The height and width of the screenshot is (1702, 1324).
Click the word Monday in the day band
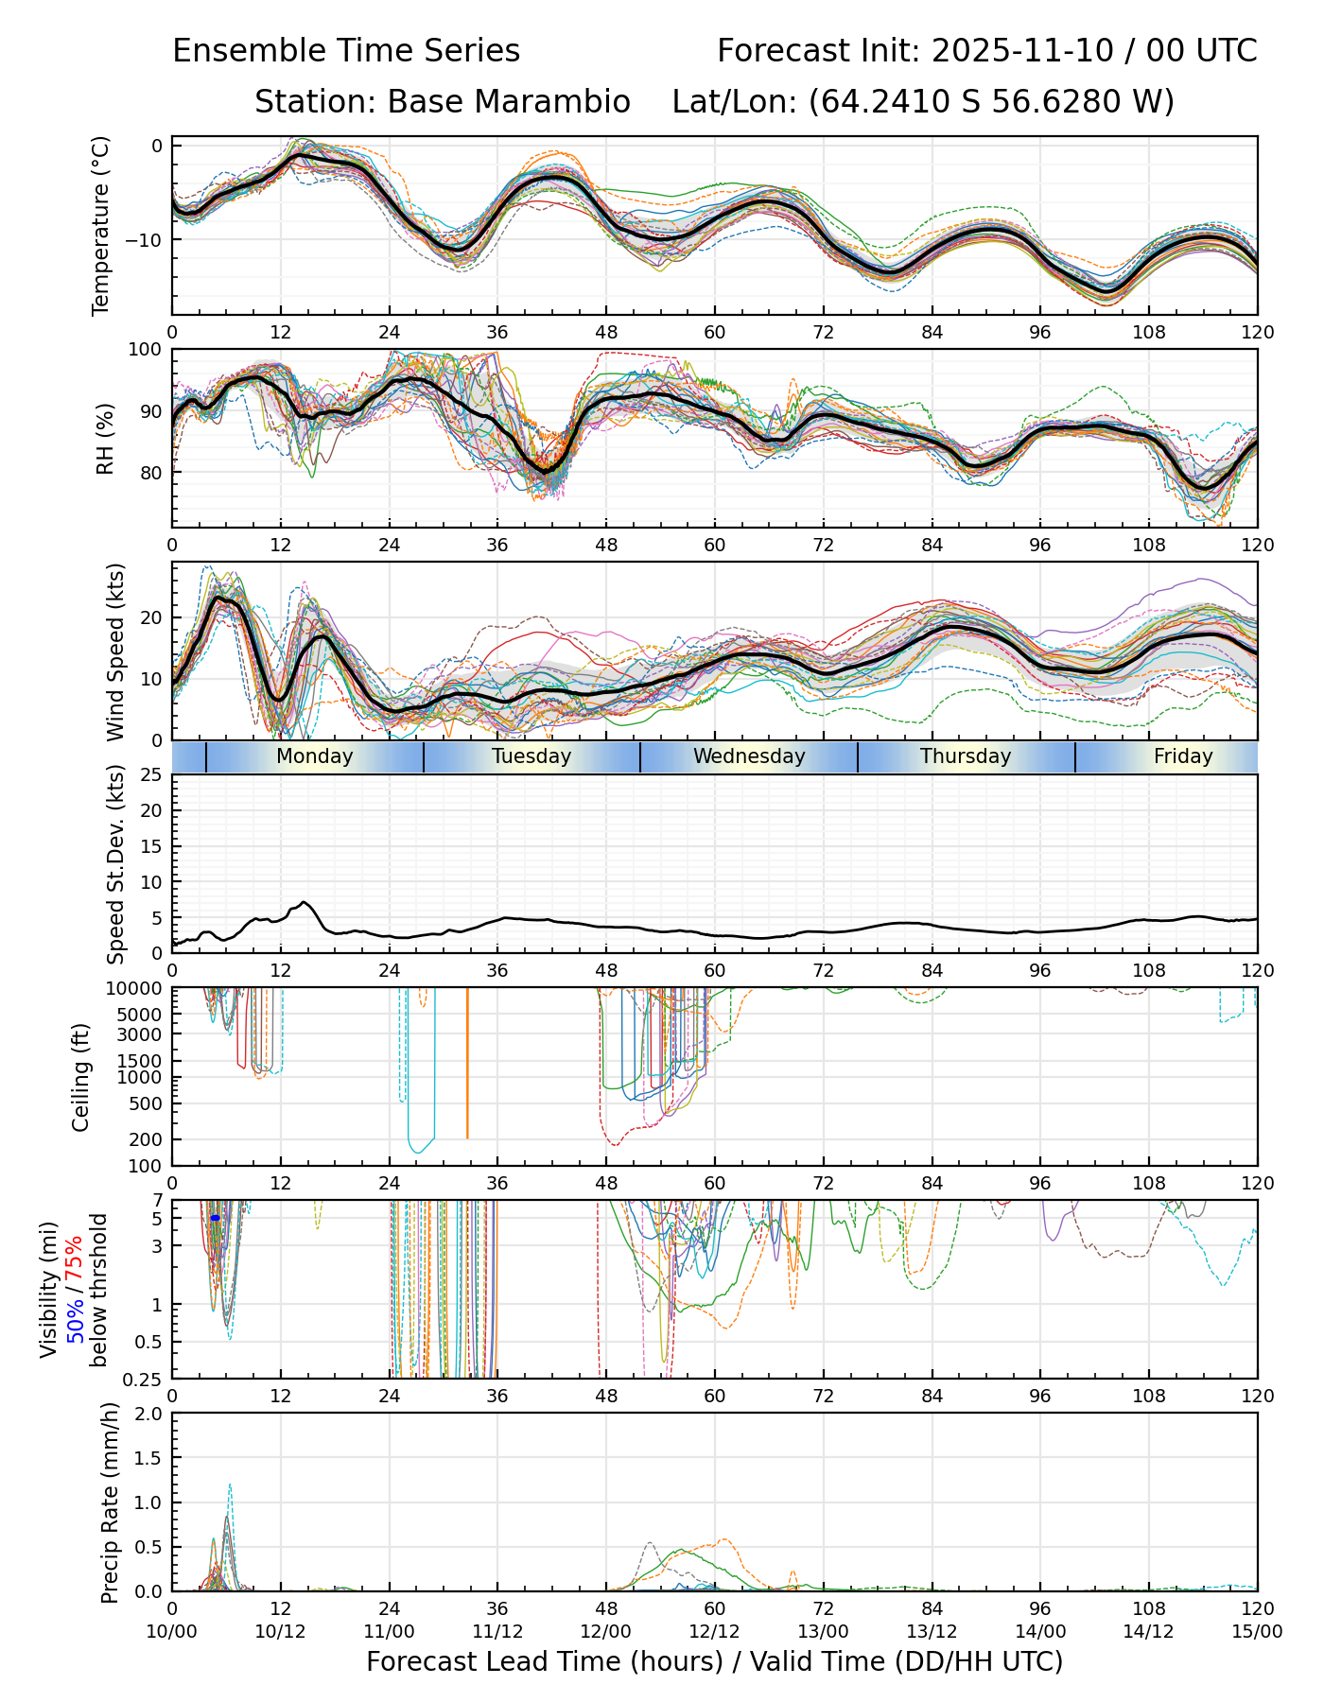pyautogui.click(x=315, y=756)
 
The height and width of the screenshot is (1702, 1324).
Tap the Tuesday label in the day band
pyautogui.click(x=531, y=756)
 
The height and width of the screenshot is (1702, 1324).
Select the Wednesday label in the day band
pyautogui.click(x=749, y=756)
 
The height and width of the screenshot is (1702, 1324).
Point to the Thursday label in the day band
pyautogui.click(x=966, y=756)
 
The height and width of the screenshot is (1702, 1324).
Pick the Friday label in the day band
pyautogui.click(x=1183, y=756)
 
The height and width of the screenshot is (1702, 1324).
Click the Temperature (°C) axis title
pyautogui.click(x=101, y=225)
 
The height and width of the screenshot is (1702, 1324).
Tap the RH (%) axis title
pyautogui.click(x=105, y=438)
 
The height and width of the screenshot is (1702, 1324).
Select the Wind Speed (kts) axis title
pyautogui.click(x=115, y=651)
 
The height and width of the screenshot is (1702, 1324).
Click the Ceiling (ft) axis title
pyautogui.click(x=81, y=1077)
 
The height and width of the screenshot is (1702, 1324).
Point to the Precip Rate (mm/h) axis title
pyautogui.click(x=111, y=1502)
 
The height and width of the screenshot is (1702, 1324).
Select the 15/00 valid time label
pyautogui.click(x=1257, y=1631)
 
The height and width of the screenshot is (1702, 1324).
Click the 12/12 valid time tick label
pyautogui.click(x=714, y=1631)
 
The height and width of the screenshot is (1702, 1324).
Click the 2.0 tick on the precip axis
pyautogui.click(x=149, y=1414)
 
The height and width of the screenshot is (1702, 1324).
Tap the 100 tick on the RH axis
pyautogui.click(x=146, y=350)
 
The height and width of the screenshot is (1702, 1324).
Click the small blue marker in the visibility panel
pyautogui.click(x=215, y=1218)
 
